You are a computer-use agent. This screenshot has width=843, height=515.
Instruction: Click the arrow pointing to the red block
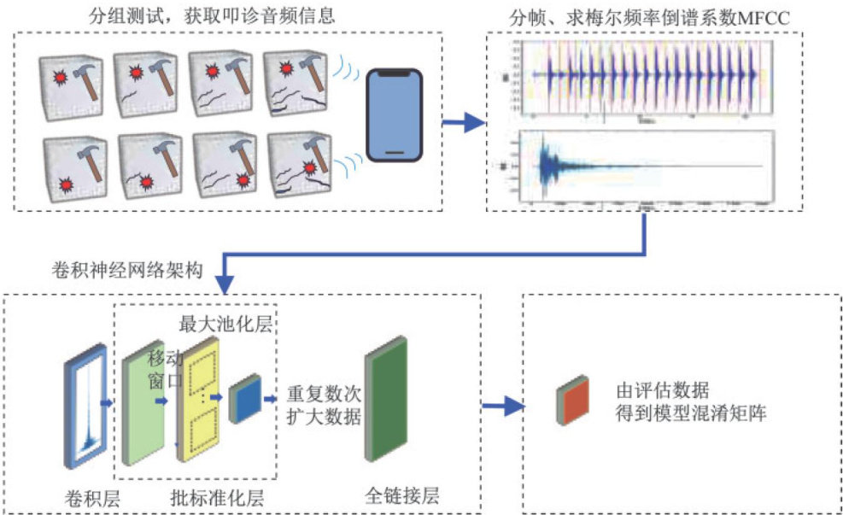click(x=503, y=406)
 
